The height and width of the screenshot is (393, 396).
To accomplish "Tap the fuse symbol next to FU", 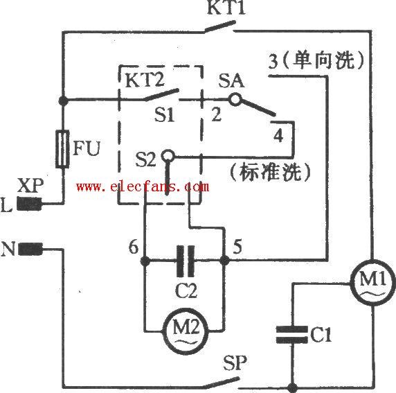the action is pos(62,149).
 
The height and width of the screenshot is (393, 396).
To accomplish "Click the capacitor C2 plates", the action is pos(186,261).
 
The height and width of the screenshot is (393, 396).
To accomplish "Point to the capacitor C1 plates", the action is pos(292,334).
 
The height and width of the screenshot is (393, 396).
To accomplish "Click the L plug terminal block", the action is pos(29,204).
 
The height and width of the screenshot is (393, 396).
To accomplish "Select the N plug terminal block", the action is pos(30,249).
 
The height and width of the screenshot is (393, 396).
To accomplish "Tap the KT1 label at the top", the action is pos(226,8).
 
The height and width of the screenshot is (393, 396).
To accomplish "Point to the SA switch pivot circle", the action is pos(235,99).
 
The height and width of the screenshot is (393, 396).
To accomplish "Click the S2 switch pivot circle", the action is pos(168,155).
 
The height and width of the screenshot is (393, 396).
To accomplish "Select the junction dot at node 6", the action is pos(145,261).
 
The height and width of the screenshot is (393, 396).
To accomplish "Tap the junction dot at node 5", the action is pos(224,260).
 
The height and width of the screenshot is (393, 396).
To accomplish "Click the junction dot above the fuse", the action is pos(63,101).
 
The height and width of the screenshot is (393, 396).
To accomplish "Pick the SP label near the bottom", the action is pos(235,363).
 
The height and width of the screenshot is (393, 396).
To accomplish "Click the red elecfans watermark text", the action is pos(143,187).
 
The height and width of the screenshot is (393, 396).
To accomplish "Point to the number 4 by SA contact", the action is pos(278,135).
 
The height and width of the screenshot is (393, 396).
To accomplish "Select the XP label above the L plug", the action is pos(30,185).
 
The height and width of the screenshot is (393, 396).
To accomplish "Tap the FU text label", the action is pos(87,148).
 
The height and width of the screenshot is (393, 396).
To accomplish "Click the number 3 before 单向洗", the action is pos(273,62).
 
